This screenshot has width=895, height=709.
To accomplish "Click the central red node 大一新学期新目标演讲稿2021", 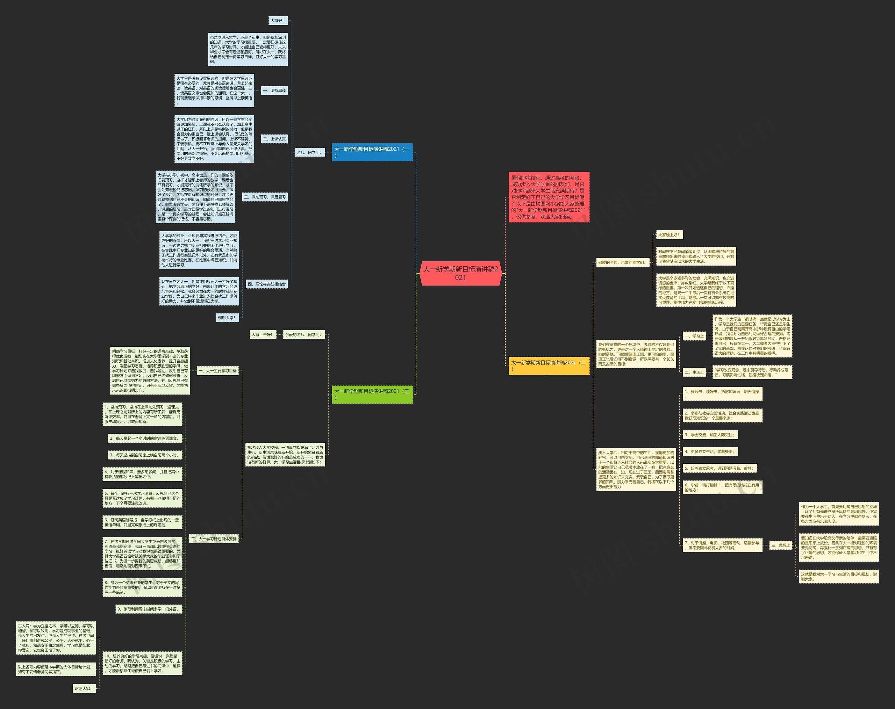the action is (x=460, y=273).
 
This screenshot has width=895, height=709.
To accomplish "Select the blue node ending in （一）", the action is (x=372, y=152).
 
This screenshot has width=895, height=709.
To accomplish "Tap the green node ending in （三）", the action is (x=372, y=394).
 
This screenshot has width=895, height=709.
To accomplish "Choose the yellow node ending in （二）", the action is (x=549, y=366).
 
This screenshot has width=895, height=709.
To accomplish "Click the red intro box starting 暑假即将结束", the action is (x=549, y=197).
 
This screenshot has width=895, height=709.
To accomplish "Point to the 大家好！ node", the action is (x=277, y=21).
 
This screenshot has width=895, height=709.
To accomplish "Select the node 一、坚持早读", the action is (x=274, y=91).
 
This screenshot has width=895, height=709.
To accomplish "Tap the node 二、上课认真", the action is (x=274, y=139).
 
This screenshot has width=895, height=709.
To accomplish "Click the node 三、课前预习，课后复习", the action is (x=265, y=197).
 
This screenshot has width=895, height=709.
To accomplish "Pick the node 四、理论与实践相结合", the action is (x=266, y=284).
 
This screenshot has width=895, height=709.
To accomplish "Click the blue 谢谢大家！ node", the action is (x=227, y=318).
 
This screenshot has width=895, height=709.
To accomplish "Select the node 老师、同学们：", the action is (x=308, y=153).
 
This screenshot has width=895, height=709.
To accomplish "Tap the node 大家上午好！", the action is (x=262, y=335).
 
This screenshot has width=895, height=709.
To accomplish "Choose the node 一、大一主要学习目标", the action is (x=217, y=371).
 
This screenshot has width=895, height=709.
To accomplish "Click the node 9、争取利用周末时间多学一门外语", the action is (x=149, y=609).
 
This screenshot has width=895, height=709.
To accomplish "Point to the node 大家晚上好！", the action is (x=669, y=235).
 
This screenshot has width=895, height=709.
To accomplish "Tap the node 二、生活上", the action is (x=694, y=372).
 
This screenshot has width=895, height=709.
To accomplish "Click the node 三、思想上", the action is (x=781, y=545).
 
